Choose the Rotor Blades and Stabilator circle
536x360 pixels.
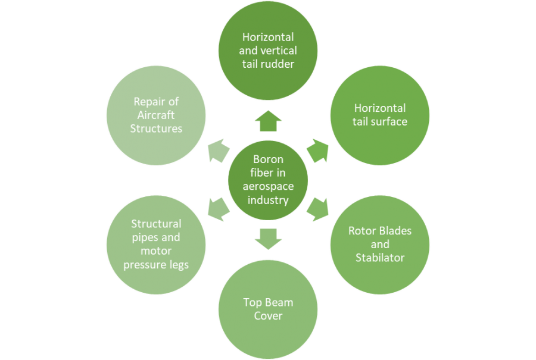point(380,244)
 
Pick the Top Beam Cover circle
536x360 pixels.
point(268,309)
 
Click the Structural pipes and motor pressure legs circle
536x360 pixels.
point(156,244)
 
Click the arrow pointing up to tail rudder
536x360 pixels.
point(268,122)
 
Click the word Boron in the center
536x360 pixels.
point(268,159)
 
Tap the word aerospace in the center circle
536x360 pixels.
point(268,186)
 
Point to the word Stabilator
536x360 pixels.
point(380,258)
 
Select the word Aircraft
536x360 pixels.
point(156,115)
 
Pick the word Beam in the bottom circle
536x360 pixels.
point(279,302)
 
